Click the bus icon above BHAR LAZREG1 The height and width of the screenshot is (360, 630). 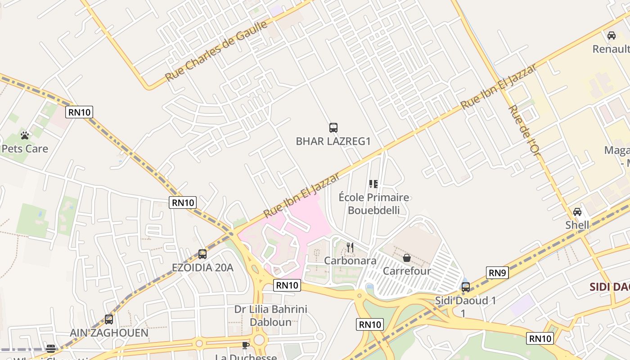tap(333, 128)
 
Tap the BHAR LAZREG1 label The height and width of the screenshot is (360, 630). tap(333, 141)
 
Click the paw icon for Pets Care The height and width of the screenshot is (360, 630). tap(25, 135)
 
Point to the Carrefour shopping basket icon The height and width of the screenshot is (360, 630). tap(407, 258)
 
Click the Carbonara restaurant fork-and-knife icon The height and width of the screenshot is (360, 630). tap(350, 247)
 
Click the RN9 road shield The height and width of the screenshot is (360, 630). tap(497, 272)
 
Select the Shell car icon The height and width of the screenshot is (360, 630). tap(577, 212)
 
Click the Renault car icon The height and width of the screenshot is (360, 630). tap(612, 36)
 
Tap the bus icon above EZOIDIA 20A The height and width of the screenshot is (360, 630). tap(202, 254)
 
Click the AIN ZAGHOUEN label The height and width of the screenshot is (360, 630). tap(109, 333)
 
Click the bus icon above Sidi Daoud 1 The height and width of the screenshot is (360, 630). tap(466, 287)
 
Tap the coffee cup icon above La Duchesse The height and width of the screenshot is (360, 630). tap(245, 345)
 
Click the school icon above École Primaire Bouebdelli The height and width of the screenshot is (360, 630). tap(373, 184)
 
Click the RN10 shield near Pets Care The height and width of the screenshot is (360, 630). tap(79, 112)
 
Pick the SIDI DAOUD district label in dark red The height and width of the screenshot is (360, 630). tap(609, 287)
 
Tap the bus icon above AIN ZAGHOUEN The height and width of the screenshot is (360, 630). tap(109, 319)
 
